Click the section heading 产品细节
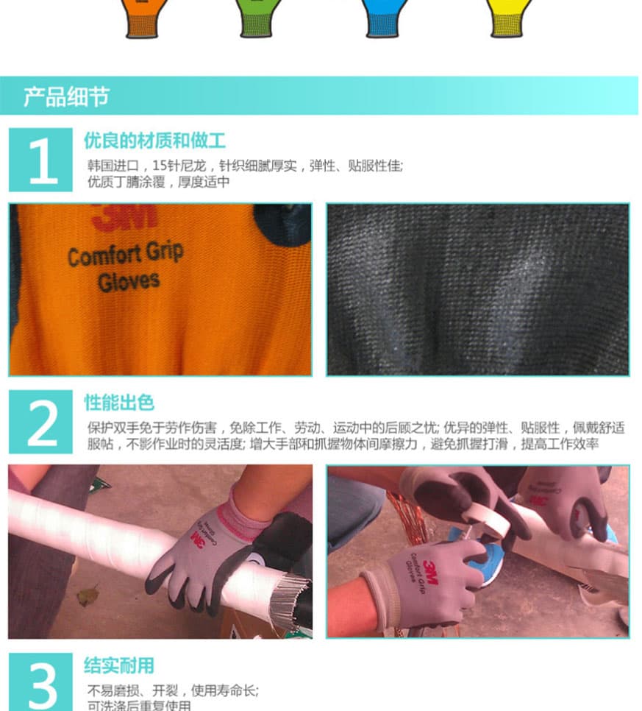coord(66,96)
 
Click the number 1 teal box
coord(41,160)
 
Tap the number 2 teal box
coord(41,422)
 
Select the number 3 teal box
coord(41,682)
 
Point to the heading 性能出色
coord(119,403)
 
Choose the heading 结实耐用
coord(119,666)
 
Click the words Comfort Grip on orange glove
coord(125,255)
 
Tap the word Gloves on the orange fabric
coord(129,280)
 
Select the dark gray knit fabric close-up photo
coord(477,289)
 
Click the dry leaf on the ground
coord(88,595)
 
